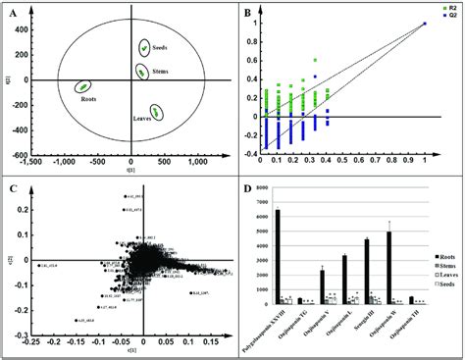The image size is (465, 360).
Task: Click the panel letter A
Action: [x=13, y=13]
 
